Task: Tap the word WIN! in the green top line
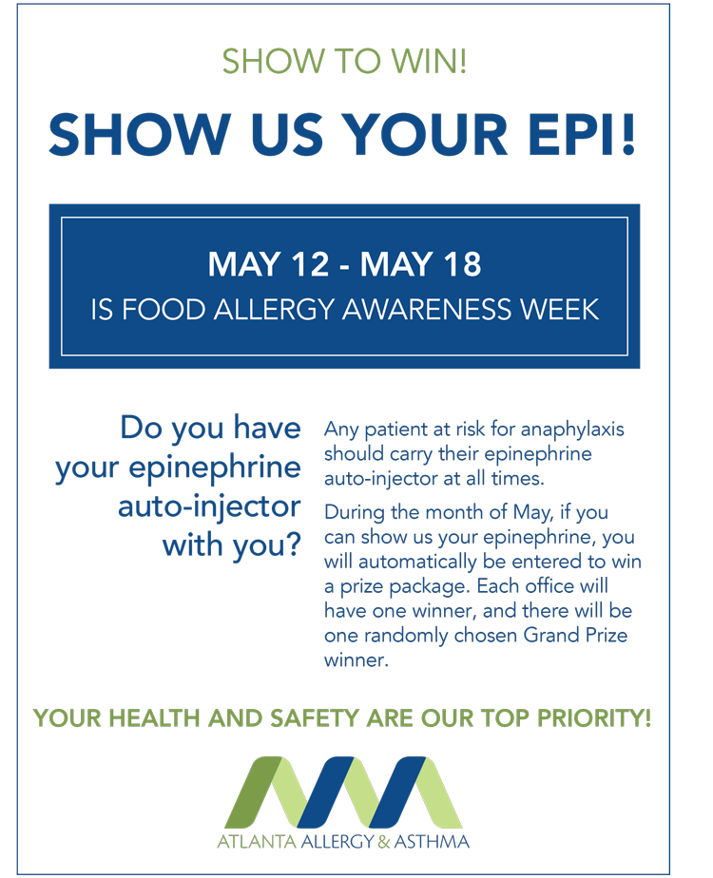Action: [x=429, y=61]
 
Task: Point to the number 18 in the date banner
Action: [x=462, y=264]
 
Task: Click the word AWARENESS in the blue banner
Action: [x=426, y=310]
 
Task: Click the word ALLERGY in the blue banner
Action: [x=275, y=310]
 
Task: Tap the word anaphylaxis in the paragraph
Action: [x=572, y=430]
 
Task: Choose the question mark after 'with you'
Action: [x=293, y=544]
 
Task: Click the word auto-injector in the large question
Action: [x=209, y=506]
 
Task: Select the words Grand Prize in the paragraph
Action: [x=575, y=635]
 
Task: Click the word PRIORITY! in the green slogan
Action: [x=594, y=717]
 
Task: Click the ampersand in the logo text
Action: [x=384, y=841]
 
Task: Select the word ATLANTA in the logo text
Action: [x=257, y=841]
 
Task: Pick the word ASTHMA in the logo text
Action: [x=432, y=841]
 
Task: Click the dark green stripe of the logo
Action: [x=255, y=792]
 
